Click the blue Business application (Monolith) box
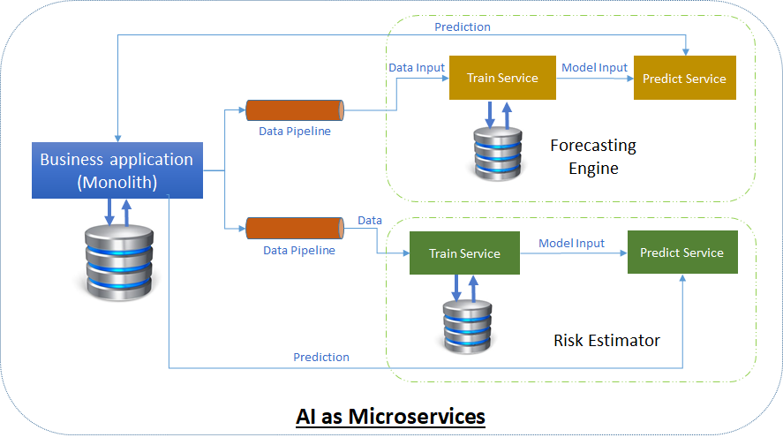click(x=117, y=170)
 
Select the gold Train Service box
click(x=502, y=78)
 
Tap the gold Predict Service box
click(x=684, y=79)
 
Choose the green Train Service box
click(x=464, y=253)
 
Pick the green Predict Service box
click(x=681, y=253)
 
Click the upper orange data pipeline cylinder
click(x=295, y=110)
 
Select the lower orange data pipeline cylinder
click(x=295, y=229)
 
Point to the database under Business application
click(x=117, y=262)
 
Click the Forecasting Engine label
click(x=593, y=156)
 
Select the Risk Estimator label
click(x=606, y=340)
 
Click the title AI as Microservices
click(x=391, y=415)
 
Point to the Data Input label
click(x=417, y=67)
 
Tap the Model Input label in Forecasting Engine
click(x=594, y=67)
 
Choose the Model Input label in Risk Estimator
click(x=571, y=243)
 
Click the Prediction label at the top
click(x=462, y=26)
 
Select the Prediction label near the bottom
click(x=320, y=357)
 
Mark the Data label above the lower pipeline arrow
click(x=369, y=219)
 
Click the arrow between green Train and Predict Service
click(x=572, y=253)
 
